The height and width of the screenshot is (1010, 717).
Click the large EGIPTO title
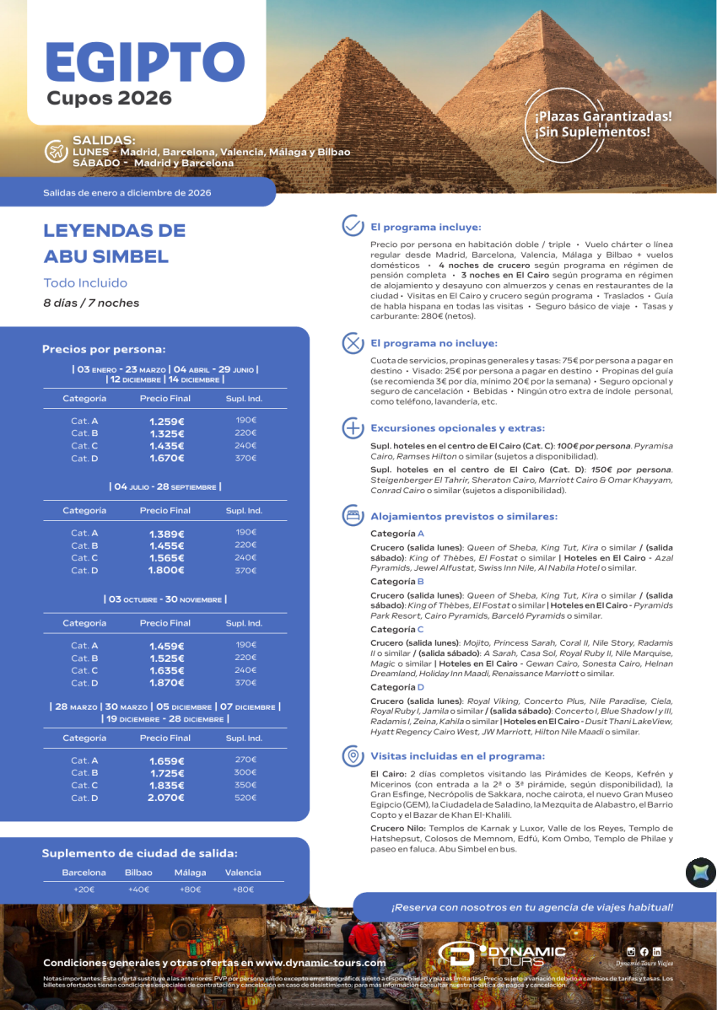click(144, 62)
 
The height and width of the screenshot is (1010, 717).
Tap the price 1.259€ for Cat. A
click(166, 421)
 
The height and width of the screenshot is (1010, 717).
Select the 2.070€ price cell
click(166, 798)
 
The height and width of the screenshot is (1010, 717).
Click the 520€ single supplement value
click(245, 797)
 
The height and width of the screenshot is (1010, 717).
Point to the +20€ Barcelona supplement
click(84, 889)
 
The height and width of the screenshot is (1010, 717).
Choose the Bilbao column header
click(138, 873)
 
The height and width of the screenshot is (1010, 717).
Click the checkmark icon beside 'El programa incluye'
click(352, 226)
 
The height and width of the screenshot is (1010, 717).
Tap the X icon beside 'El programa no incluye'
click(352, 343)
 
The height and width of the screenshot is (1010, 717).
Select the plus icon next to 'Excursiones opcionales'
click(352, 427)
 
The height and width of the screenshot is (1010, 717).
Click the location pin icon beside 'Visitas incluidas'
click(352, 756)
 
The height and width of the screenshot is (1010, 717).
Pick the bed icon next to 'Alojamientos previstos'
click(352, 515)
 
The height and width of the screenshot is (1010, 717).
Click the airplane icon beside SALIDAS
click(56, 151)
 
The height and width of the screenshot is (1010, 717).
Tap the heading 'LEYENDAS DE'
click(114, 231)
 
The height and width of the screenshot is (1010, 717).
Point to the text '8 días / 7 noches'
click(91, 303)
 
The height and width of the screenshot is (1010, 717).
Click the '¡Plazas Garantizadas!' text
click(603, 116)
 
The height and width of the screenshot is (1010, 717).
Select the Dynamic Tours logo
click(503, 953)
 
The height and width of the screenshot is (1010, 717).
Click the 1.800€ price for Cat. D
click(166, 570)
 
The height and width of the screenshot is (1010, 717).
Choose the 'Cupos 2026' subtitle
click(110, 99)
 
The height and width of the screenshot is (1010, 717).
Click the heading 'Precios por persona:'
click(104, 349)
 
